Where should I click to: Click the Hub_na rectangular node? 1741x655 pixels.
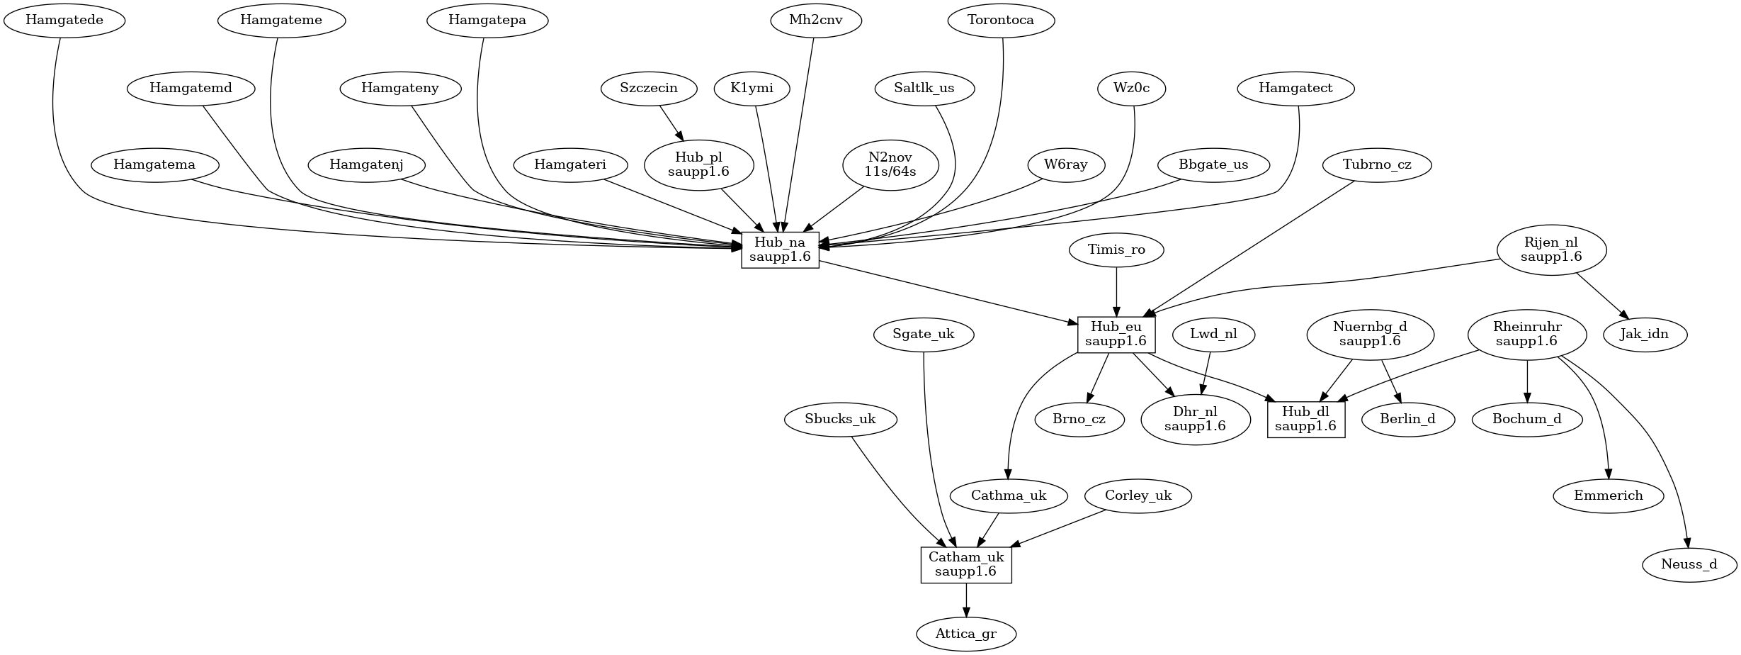pyautogui.click(x=780, y=250)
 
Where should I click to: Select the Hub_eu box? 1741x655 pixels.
pyautogui.click(x=1116, y=335)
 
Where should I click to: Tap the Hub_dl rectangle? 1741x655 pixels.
pyautogui.click(x=1305, y=419)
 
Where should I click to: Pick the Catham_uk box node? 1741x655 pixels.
pyautogui.click(x=966, y=564)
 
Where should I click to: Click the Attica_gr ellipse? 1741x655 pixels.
pyautogui.click(x=966, y=634)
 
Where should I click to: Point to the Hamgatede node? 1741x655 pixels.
pyautogui.click(x=64, y=20)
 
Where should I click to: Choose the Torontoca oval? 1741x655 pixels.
pyautogui.click(x=1001, y=20)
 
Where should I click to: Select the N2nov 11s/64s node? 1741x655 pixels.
pyautogui.click(x=890, y=164)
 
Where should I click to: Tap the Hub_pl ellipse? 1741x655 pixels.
pyautogui.click(x=698, y=164)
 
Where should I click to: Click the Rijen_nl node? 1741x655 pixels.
pyautogui.click(x=1551, y=250)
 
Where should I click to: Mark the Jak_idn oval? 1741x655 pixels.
pyautogui.click(x=1644, y=334)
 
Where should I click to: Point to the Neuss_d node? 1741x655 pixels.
pyautogui.click(x=1689, y=564)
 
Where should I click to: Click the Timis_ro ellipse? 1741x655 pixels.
pyautogui.click(x=1116, y=250)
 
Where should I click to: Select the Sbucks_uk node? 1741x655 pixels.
pyautogui.click(x=841, y=419)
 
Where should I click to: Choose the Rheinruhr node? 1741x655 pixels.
pyautogui.click(x=1527, y=334)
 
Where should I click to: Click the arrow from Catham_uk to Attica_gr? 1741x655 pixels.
pyautogui.click(x=966, y=600)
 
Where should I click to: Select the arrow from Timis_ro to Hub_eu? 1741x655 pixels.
pyautogui.click(x=1116, y=291)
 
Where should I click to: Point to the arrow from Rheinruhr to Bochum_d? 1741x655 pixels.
pyautogui.click(x=1527, y=381)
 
